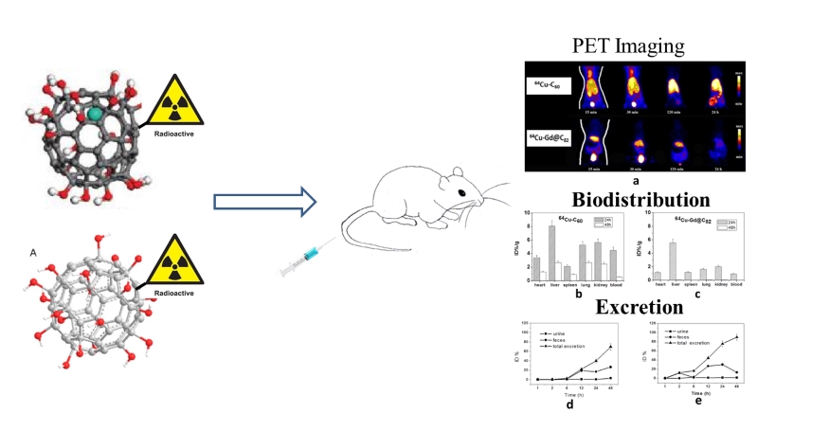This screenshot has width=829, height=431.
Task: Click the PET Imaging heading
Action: click(629, 45)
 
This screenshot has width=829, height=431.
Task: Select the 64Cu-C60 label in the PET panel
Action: click(548, 86)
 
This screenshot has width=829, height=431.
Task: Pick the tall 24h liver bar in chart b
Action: click(551, 252)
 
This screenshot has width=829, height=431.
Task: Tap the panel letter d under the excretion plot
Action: click(570, 404)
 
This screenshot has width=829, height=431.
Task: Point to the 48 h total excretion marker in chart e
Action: click(736, 336)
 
